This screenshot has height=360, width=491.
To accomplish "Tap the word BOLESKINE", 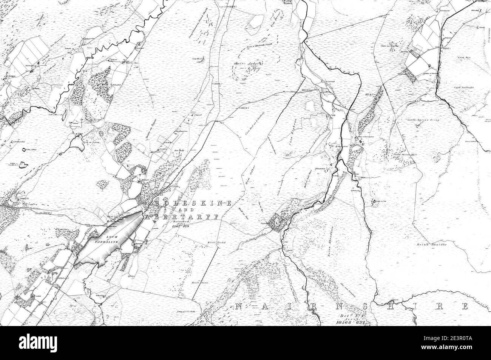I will point(194,203).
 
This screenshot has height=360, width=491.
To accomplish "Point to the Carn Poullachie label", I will point(464,87).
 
